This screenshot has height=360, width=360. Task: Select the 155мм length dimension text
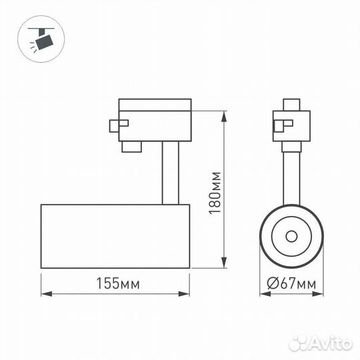click(117, 283)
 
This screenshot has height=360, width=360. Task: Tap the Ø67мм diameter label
click(291, 283)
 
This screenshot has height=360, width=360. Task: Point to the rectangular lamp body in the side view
click(115, 237)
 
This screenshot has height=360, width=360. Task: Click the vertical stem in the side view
click(170, 173)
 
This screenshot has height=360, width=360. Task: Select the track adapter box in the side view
click(155, 120)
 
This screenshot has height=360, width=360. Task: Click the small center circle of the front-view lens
click(291, 235)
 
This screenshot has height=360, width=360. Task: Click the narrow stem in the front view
click(291, 177)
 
